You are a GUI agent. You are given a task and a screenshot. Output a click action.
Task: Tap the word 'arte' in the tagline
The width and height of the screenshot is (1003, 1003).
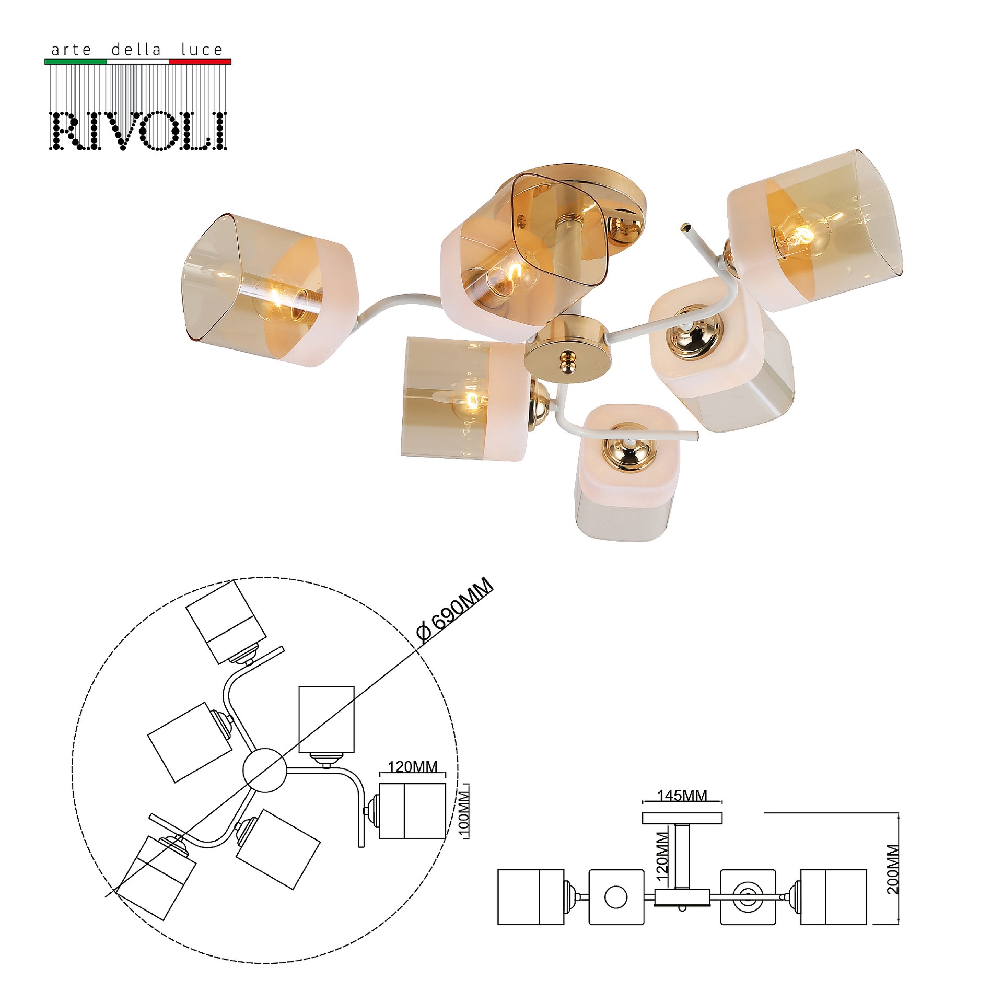click(72, 50)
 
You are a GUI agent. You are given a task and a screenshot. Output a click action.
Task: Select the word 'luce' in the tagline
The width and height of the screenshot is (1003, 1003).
click(202, 50)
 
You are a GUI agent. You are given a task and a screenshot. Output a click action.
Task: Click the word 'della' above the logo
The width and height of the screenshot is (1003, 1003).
click(137, 50)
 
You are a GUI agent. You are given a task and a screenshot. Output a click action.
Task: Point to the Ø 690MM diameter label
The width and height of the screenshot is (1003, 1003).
click(454, 609)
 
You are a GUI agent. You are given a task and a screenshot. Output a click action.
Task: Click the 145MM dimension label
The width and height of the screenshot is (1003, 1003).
click(682, 795)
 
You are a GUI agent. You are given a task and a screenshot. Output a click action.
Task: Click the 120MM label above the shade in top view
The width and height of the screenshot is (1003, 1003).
click(413, 766)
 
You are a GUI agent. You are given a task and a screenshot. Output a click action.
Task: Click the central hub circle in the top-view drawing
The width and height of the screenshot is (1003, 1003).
click(265, 770)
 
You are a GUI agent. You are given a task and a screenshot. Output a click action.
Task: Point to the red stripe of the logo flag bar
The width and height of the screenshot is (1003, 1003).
click(200, 62)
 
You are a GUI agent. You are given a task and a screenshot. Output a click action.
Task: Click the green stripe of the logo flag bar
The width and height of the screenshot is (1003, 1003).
click(76, 62)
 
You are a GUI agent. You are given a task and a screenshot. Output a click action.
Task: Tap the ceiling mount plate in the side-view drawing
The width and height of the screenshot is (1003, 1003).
click(682, 818)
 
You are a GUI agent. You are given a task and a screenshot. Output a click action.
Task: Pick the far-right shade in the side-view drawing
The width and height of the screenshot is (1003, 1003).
click(834, 897)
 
